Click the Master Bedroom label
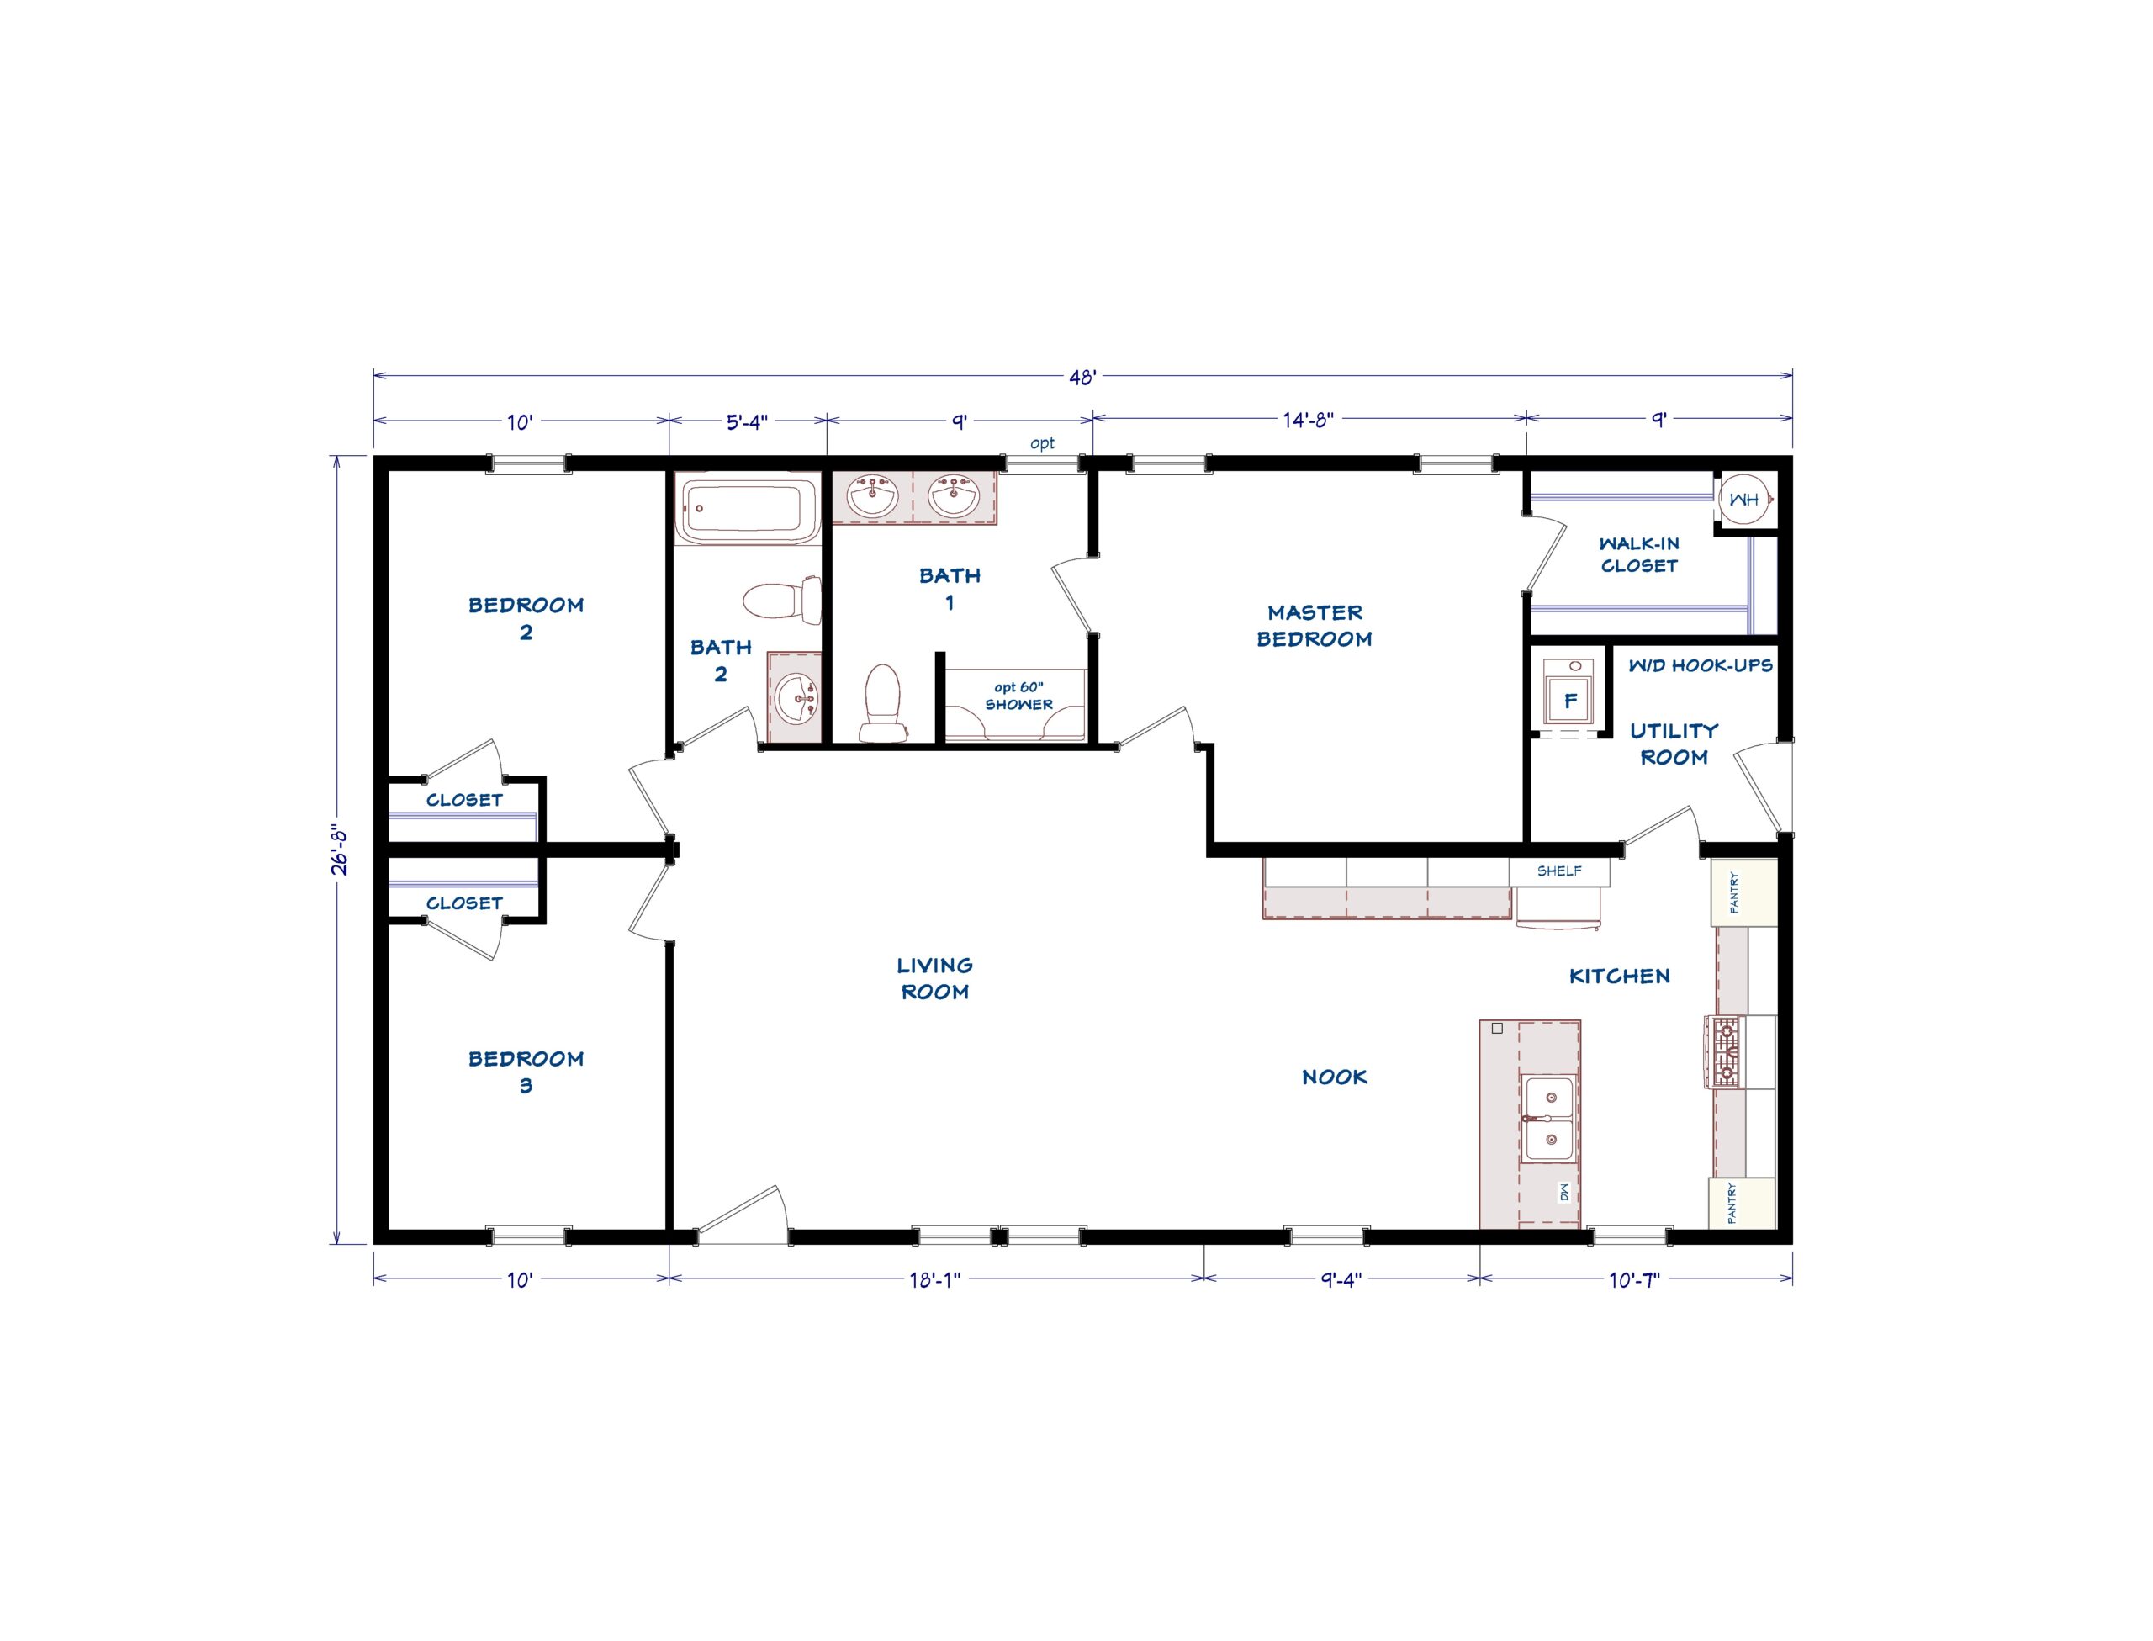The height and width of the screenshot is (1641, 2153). [x=1314, y=625]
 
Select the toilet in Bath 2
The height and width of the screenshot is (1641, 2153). [x=781, y=600]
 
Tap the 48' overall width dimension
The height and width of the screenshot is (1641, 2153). [x=1082, y=377]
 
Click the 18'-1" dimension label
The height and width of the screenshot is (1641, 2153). [x=934, y=1279]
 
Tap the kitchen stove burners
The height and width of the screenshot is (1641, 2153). [x=1723, y=1051]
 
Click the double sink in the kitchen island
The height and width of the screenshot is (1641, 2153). [x=1547, y=1119]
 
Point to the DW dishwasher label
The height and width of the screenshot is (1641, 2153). [x=1563, y=1193]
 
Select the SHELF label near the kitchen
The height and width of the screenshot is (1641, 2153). [x=1558, y=871]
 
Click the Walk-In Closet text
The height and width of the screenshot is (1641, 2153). [x=1638, y=553]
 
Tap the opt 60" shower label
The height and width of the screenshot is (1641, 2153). [x=1018, y=696]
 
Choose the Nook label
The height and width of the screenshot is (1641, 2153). [x=1334, y=1077]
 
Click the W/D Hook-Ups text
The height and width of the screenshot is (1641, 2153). [x=1700, y=665]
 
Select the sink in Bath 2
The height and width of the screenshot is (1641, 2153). [x=796, y=697]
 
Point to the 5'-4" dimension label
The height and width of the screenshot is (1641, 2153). [x=747, y=421]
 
